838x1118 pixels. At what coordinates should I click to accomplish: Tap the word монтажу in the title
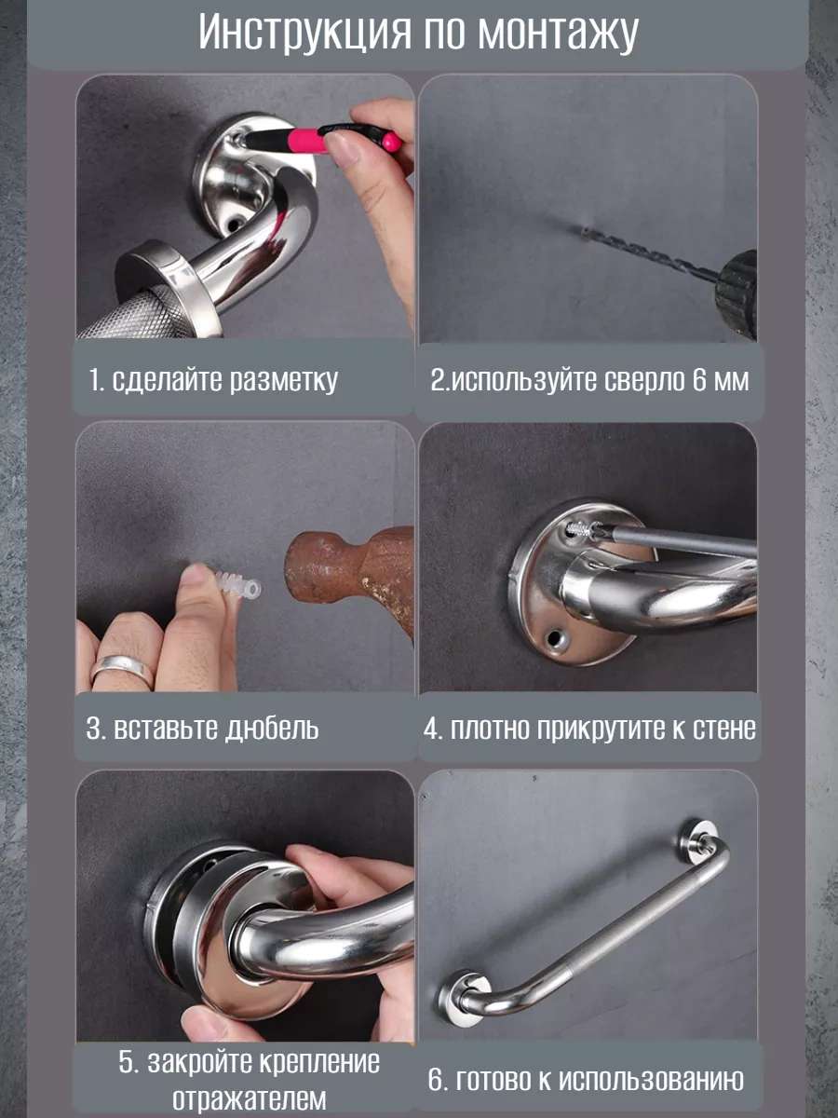[x=558, y=34]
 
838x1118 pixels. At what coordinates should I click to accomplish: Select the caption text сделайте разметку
[x=223, y=380]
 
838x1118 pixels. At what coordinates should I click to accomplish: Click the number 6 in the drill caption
[x=699, y=381]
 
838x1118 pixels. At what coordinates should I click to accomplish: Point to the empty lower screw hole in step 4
[x=556, y=639]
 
